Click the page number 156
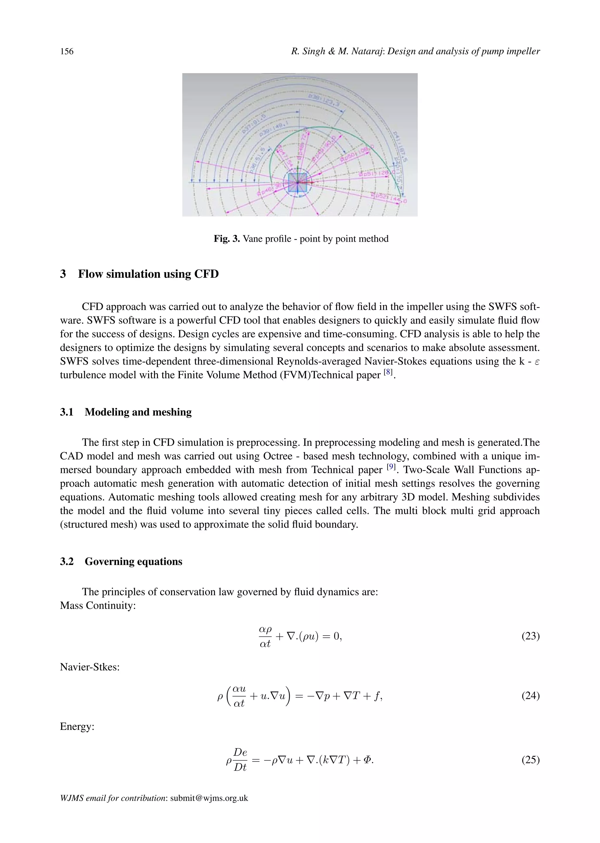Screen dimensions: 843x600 [67, 51]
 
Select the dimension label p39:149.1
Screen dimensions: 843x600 [271, 131]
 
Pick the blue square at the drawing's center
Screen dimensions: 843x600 [297, 183]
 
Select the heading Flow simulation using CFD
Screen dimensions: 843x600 [148, 274]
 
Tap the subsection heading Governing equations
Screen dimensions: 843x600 [133, 561]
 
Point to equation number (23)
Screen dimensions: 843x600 [530, 636]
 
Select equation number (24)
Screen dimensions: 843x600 [530, 696]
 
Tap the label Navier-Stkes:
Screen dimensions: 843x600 [90, 667]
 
